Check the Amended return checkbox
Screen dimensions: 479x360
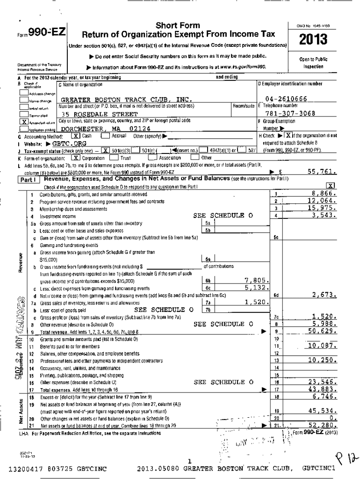tap(23, 121)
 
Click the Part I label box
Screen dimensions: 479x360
tap(29, 180)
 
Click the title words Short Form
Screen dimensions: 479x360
tap(177, 25)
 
